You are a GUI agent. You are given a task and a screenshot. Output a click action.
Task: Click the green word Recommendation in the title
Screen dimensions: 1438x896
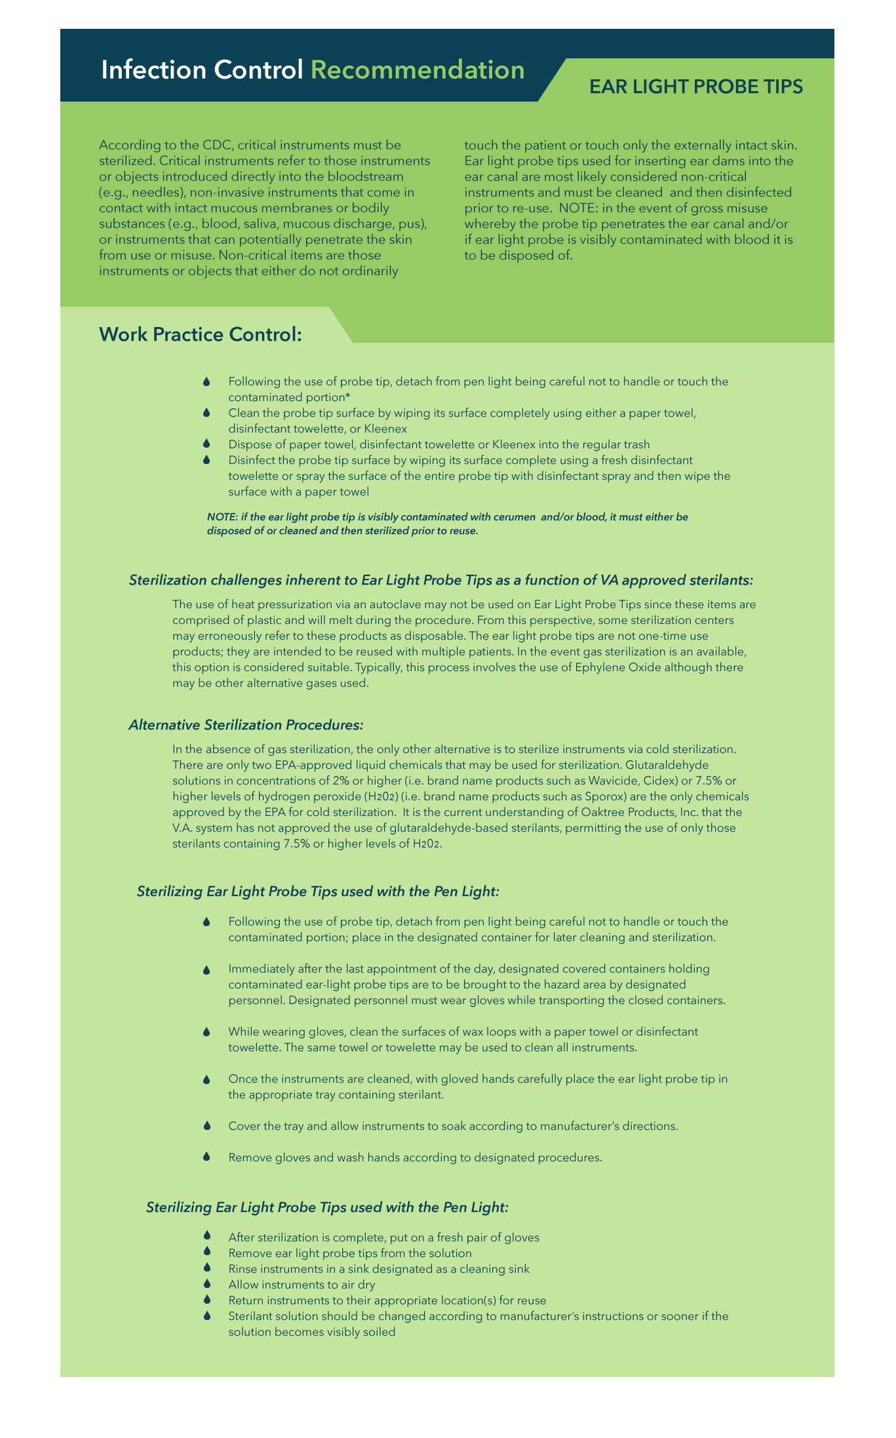[418, 70]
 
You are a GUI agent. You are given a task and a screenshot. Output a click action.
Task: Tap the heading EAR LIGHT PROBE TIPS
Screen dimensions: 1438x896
[695, 87]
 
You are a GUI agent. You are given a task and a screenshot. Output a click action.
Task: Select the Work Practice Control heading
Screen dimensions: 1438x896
[200, 334]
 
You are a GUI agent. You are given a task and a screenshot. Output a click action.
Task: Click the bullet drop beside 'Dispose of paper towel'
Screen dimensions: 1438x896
[206, 444]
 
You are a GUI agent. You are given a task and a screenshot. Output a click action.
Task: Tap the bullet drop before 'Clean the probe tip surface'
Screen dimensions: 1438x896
[206, 413]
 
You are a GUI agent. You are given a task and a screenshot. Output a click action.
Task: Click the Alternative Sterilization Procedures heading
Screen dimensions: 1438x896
[246, 725]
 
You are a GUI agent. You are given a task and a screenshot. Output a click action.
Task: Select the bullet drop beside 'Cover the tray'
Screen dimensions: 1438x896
[206, 1126]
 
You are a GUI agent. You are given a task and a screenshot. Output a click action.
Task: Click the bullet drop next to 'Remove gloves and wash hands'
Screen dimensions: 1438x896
[206, 1157]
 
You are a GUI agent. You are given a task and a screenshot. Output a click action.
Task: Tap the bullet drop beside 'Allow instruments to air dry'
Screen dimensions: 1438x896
[206, 1284]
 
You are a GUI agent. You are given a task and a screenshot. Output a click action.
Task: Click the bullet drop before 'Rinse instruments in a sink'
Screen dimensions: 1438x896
[206, 1268]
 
